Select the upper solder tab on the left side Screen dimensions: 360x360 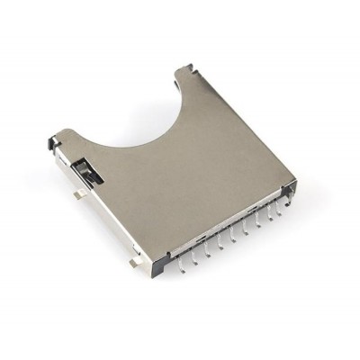pos(79,191)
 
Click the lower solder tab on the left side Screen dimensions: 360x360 pos(133,262)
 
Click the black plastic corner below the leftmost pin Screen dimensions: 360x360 pos(160,268)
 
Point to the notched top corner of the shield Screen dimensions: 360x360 pos(185,68)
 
